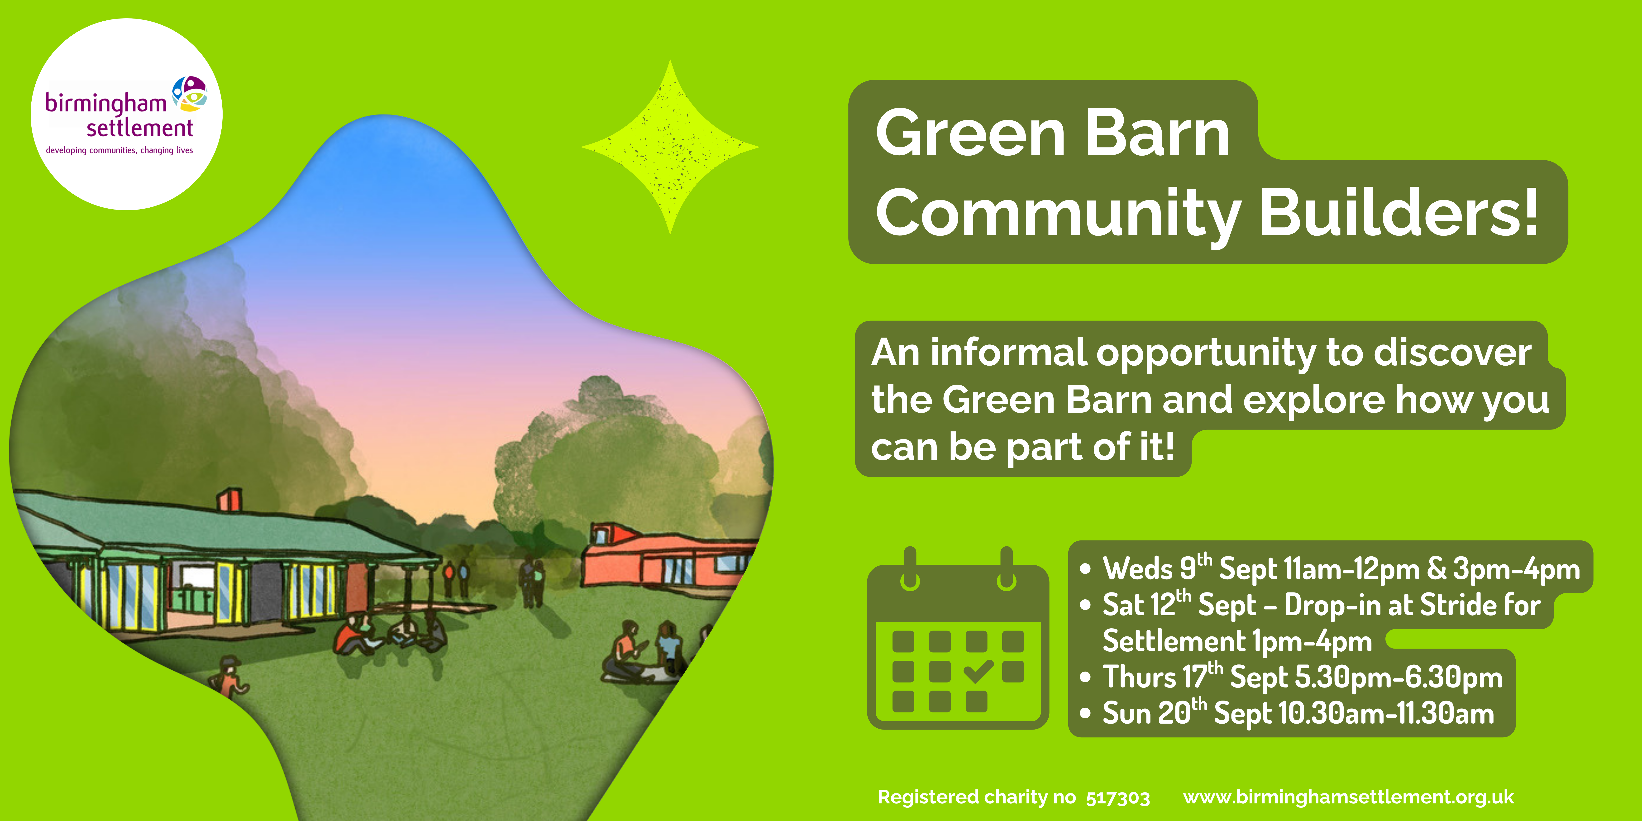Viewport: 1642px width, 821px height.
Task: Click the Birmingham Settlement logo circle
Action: [126, 114]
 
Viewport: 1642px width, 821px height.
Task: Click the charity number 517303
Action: [1118, 797]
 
